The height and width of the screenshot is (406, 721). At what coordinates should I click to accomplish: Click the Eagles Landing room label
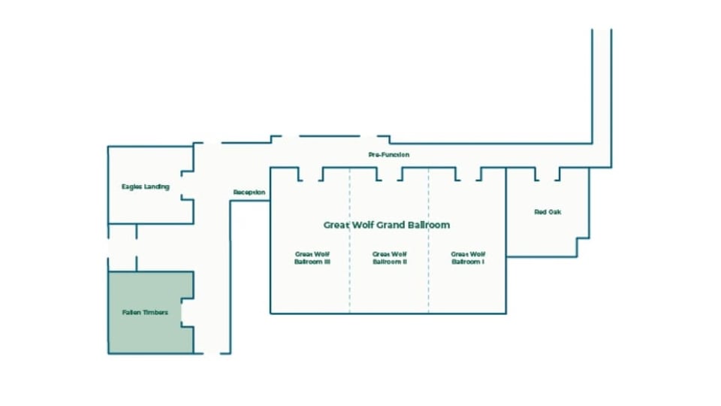[145, 186]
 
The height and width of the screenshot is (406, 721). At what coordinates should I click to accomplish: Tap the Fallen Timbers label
[145, 312]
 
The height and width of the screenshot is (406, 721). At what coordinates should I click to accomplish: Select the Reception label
[249, 192]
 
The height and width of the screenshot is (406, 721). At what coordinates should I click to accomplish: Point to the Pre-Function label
[388, 155]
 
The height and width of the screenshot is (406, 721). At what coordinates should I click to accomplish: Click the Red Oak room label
[548, 212]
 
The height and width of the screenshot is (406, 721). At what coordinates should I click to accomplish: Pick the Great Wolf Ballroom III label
[312, 258]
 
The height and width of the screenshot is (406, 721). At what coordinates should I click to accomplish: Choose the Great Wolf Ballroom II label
[390, 258]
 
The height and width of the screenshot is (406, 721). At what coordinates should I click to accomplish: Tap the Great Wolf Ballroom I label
[468, 258]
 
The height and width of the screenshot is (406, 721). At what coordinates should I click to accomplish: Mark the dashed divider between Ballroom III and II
[349, 241]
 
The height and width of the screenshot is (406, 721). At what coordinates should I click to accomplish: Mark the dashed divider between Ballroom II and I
[429, 241]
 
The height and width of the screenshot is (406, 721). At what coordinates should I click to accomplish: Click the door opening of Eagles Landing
[187, 185]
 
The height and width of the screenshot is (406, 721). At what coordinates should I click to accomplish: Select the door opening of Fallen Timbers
[187, 313]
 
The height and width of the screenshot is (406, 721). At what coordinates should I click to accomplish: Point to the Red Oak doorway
[548, 174]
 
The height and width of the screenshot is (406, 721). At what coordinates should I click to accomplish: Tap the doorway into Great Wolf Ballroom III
[311, 174]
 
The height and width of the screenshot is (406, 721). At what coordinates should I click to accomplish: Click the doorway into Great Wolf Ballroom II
[390, 174]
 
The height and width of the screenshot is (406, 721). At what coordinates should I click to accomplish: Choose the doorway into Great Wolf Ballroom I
[469, 174]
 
